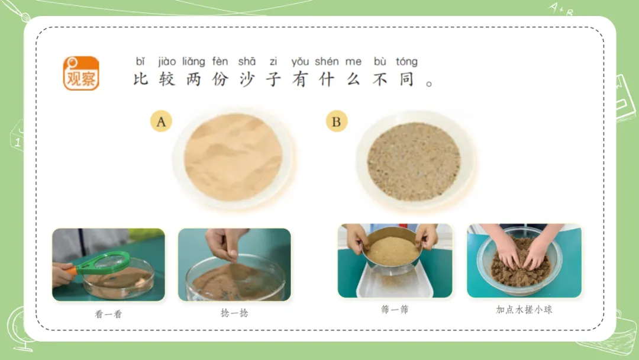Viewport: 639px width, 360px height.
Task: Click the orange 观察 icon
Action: (81, 73)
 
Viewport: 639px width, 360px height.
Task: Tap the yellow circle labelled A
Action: (161, 121)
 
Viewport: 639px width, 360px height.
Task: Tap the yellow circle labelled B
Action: (337, 121)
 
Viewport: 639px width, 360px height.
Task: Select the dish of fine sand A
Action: (233, 158)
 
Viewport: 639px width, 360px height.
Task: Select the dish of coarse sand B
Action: (414, 160)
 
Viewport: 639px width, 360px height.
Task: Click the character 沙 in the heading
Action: (247, 79)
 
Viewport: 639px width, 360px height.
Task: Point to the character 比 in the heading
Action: (141, 79)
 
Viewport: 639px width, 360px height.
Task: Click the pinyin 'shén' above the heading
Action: (327, 62)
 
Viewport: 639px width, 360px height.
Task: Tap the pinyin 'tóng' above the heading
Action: (406, 62)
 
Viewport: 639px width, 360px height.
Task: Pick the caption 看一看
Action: (108, 314)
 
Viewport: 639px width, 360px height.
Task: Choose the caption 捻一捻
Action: (234, 313)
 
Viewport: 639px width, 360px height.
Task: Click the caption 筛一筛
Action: (395, 310)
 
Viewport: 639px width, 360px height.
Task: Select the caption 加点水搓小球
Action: (524, 310)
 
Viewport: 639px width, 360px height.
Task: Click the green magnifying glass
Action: (102, 264)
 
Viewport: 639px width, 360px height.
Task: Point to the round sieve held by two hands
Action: (392, 249)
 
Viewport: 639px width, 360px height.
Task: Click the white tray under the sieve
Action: (395, 284)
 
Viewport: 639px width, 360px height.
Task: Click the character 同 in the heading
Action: (406, 79)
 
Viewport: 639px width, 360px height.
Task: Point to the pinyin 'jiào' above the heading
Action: (167, 62)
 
